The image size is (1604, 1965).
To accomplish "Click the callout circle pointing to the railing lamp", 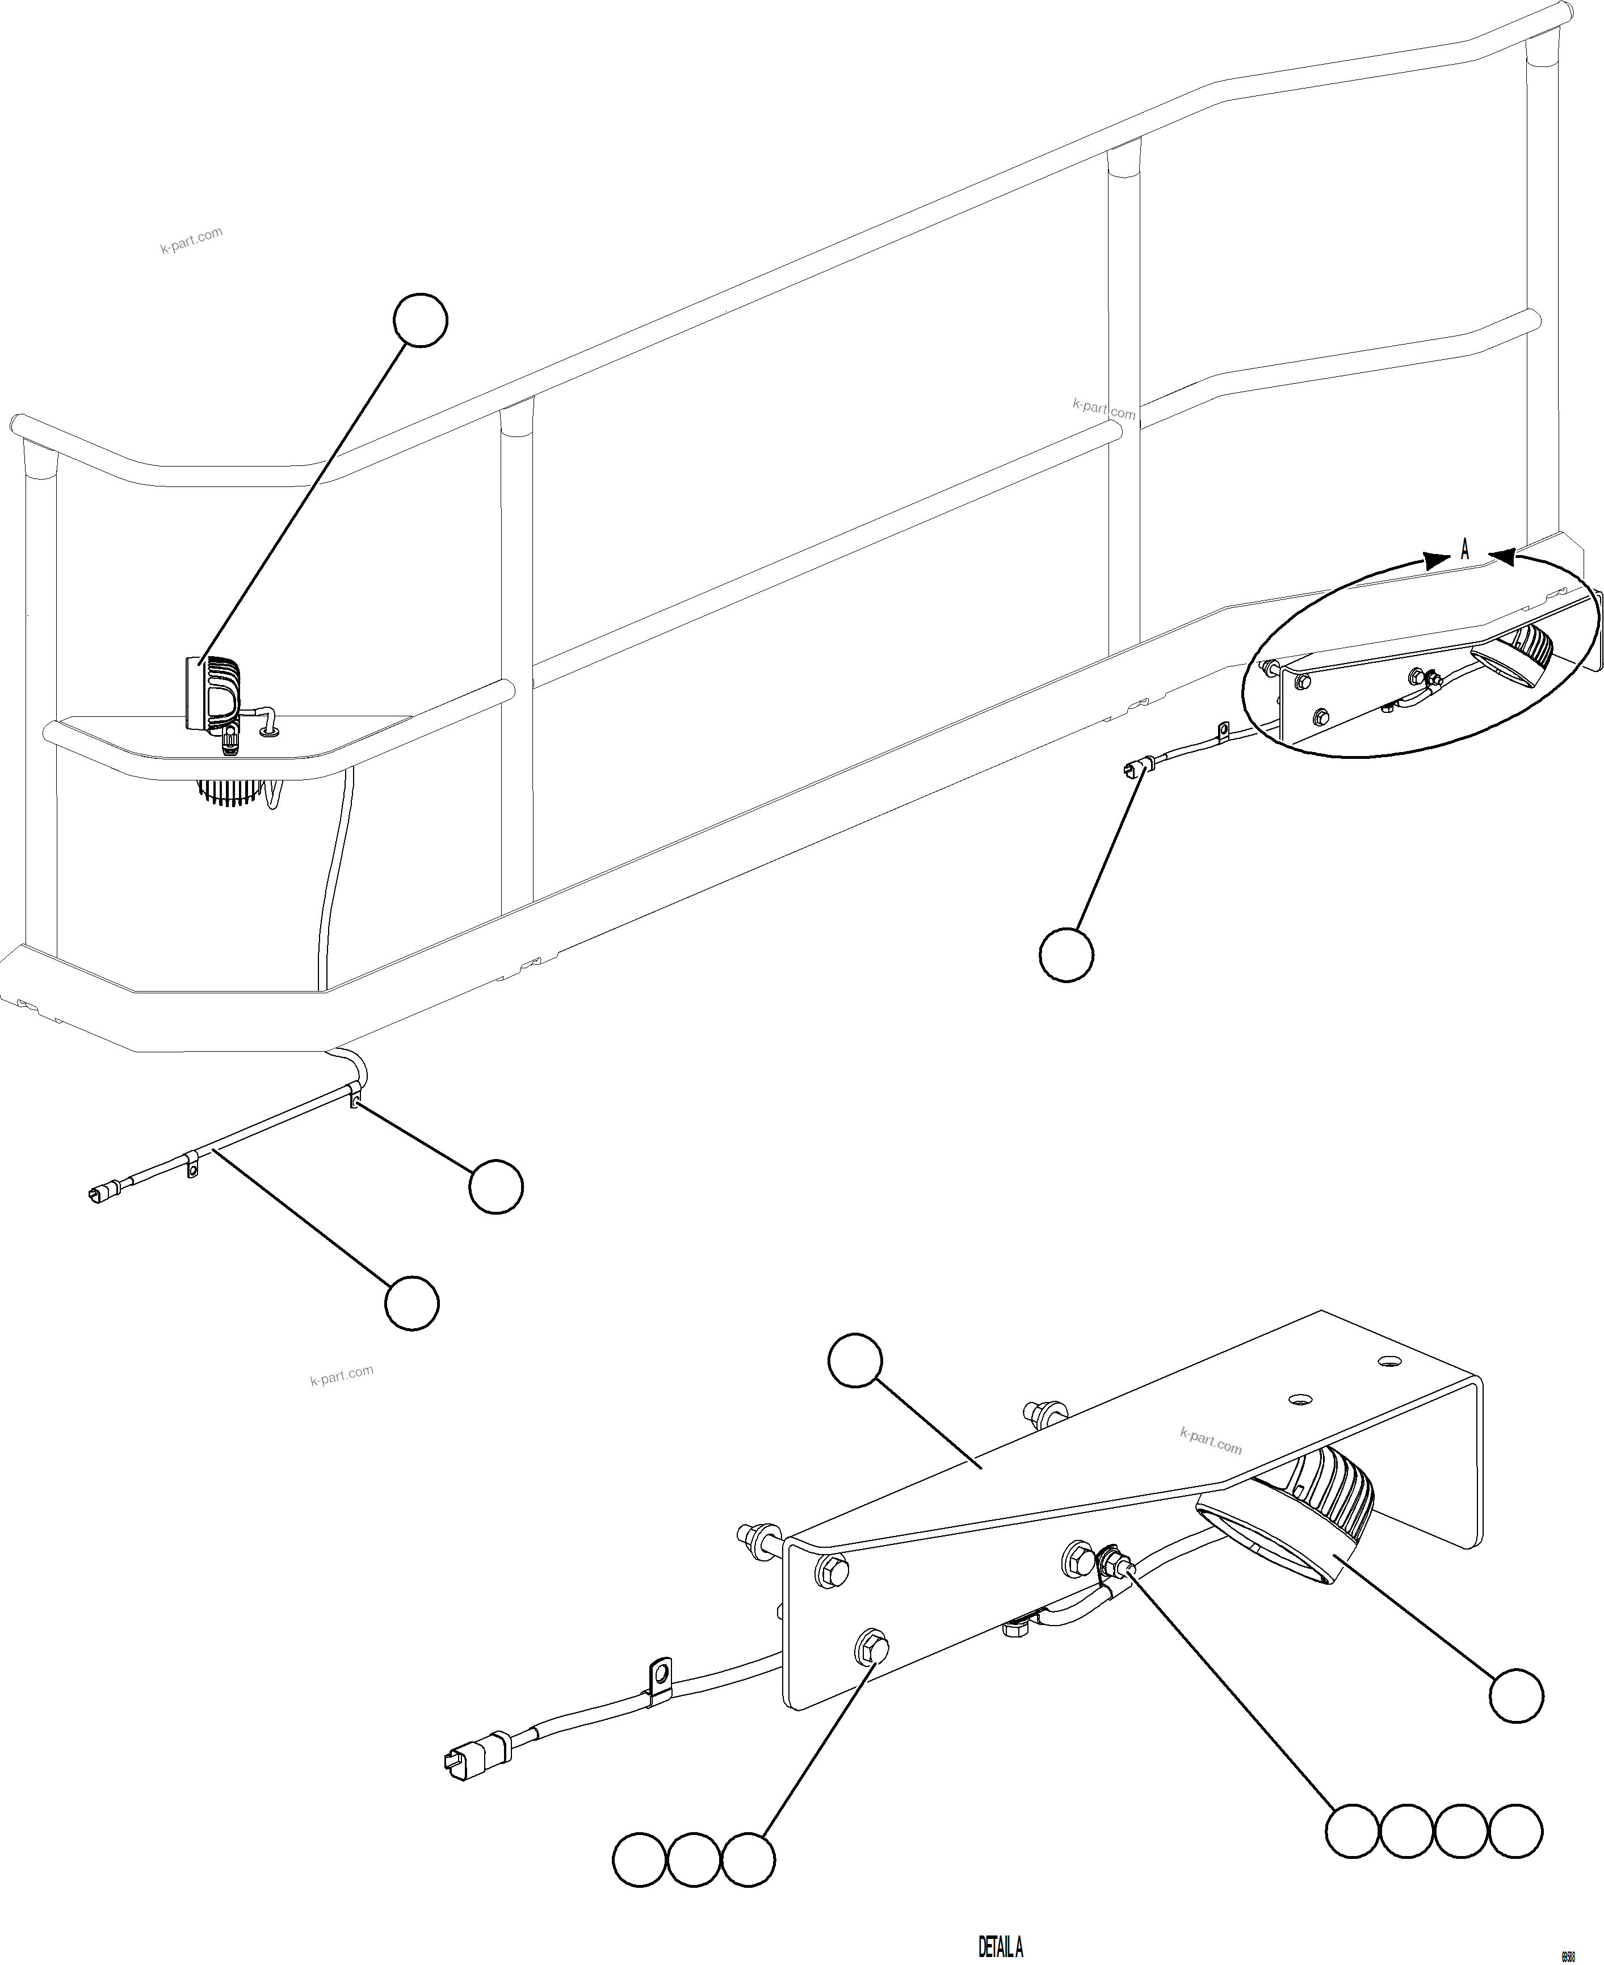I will pos(421,321).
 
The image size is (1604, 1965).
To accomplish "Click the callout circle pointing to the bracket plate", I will pos(855,1360).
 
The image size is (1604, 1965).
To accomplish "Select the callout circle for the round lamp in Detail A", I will pos(1515,1695).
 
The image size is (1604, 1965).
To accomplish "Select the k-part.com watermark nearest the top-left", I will pos(191,240).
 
